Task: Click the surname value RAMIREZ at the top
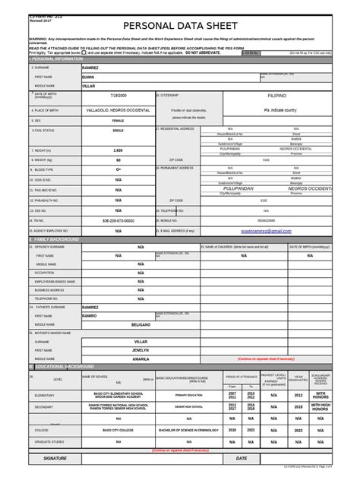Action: pyautogui.click(x=90, y=68)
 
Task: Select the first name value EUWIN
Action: pyautogui.click(x=89, y=77)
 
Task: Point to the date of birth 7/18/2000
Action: pyautogui.click(x=118, y=96)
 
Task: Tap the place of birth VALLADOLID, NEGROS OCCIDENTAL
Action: pyautogui.click(x=118, y=110)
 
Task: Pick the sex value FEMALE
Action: pyautogui.click(x=118, y=121)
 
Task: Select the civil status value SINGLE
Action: pyautogui.click(x=118, y=131)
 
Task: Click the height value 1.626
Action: pyautogui.click(x=118, y=150)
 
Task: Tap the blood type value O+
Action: pyautogui.click(x=118, y=169)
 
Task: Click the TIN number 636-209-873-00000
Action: pyautogui.click(x=118, y=220)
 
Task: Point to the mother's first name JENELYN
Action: pyautogui.click(x=140, y=350)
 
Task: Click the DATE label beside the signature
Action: pyautogui.click(x=242, y=459)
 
